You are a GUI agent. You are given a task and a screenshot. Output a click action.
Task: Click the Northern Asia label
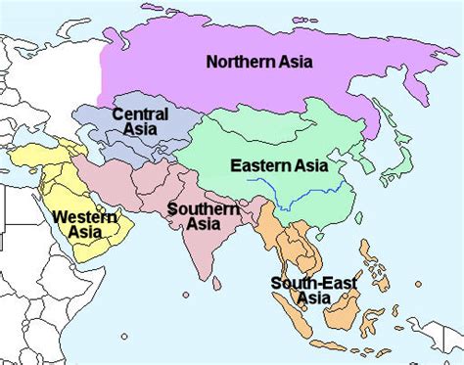pos(258,62)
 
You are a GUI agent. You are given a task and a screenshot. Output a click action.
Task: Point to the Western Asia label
pos(80,224)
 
